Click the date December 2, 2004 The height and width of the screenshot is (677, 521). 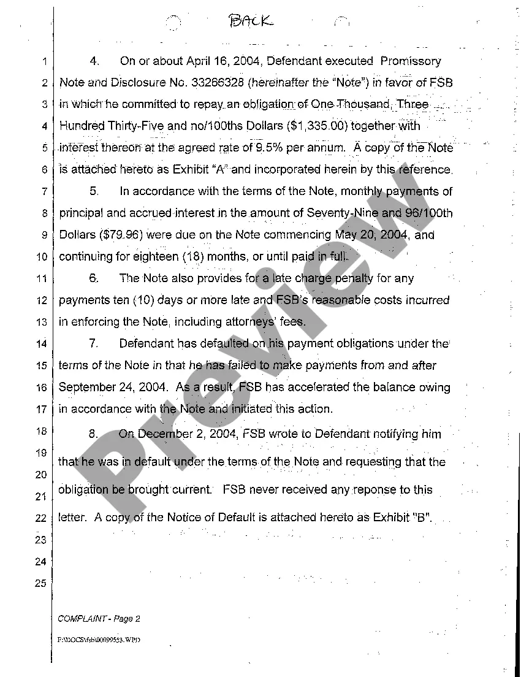pyautogui.click(x=197, y=434)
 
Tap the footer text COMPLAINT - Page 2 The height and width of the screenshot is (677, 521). pyautogui.click(x=99, y=619)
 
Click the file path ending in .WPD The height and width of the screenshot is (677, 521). pyautogui.click(x=99, y=639)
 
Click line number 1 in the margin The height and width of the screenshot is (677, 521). pyautogui.click(x=44, y=61)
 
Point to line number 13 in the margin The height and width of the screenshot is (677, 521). pyautogui.click(x=41, y=322)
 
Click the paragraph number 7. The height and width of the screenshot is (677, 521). pyautogui.click(x=93, y=343)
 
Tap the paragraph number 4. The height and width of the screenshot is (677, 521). pyautogui.click(x=94, y=61)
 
